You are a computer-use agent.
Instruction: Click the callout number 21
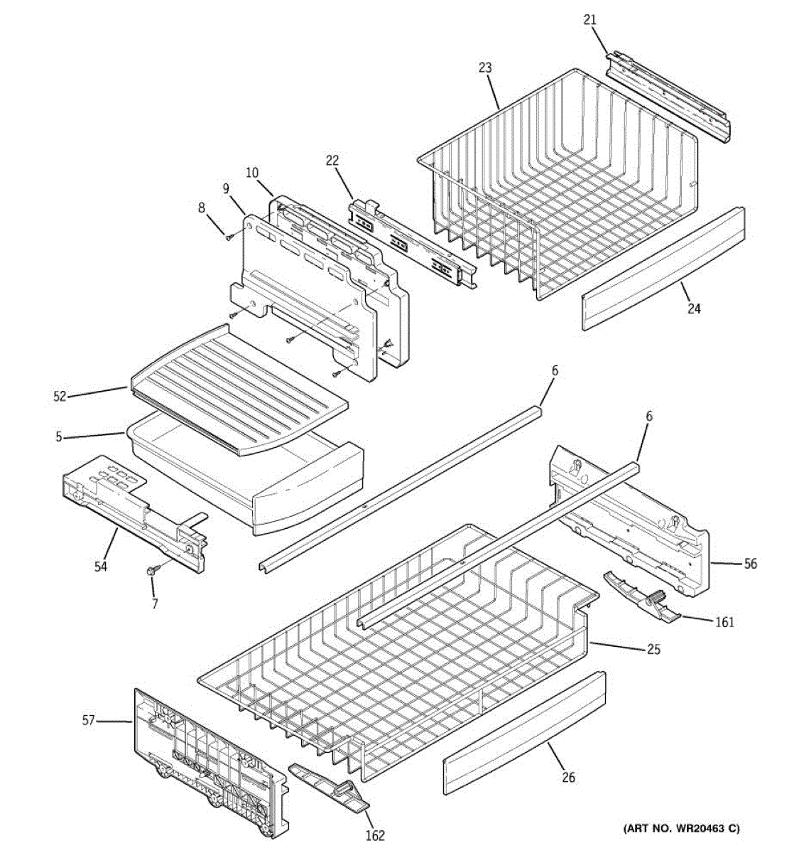tap(590, 20)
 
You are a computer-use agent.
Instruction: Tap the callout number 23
tap(485, 68)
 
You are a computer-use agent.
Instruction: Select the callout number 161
tap(724, 623)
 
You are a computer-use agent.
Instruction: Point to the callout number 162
tap(376, 835)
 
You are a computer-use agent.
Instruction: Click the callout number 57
tap(88, 720)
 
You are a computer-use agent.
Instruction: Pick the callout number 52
tap(59, 397)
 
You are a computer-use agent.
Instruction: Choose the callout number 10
tap(252, 173)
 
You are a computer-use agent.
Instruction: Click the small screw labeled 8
tap(228, 237)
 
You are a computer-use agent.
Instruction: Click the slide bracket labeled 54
tap(135, 512)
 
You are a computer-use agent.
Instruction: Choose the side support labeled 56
tap(632, 519)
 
